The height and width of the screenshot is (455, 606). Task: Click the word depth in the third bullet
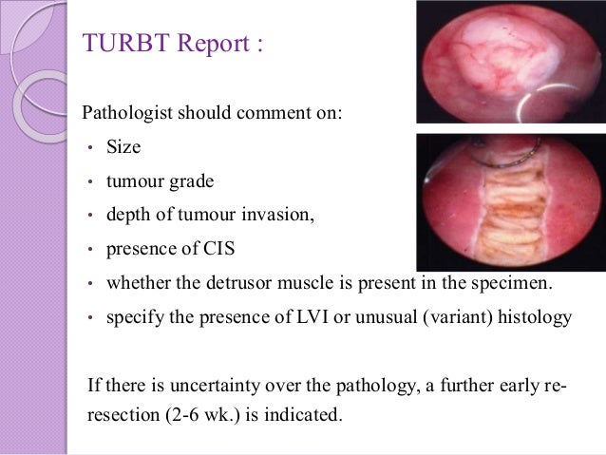pyautogui.click(x=126, y=215)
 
